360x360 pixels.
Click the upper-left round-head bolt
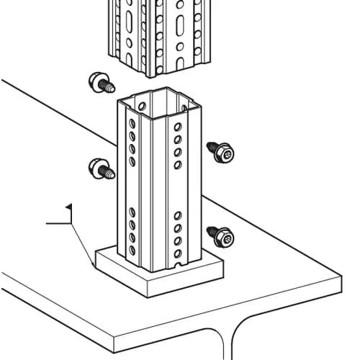[x=102, y=83]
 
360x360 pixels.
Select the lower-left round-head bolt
[x=102, y=168]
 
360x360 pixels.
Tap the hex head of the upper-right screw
[x=224, y=153]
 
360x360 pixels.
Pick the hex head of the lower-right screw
[x=224, y=238]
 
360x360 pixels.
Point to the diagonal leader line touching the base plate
[x=82, y=244]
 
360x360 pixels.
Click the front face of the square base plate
[x=186, y=287]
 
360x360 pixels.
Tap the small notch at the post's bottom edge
[x=178, y=265]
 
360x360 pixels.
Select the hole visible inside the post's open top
[x=142, y=106]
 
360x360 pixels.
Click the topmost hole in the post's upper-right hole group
[x=178, y=127]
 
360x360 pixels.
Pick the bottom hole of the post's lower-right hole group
[x=178, y=253]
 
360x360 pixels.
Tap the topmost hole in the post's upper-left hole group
[x=132, y=123]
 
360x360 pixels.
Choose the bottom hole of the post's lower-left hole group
[x=132, y=250]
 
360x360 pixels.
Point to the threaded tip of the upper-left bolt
[x=111, y=88]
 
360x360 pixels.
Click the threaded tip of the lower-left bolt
[x=111, y=174]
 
